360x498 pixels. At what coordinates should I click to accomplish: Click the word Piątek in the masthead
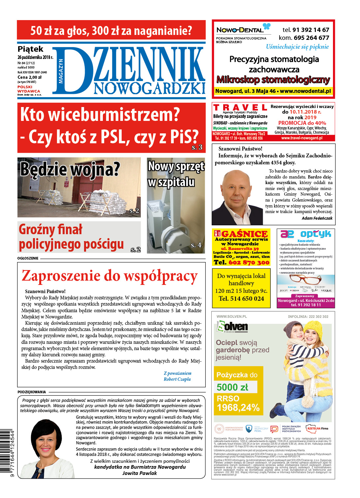[30, 49]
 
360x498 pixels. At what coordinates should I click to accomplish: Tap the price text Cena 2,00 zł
[29, 77]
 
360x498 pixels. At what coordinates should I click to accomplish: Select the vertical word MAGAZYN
[61, 71]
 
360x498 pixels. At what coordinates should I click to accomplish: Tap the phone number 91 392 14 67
[311, 30]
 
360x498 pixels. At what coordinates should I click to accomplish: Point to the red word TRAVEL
[240, 107]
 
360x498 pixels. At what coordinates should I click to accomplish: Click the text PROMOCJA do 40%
[302, 123]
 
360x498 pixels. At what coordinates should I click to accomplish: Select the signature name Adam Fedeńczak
[317, 218]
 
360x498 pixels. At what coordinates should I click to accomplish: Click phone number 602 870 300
[249, 263]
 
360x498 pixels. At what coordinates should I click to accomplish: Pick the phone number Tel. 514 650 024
[241, 298]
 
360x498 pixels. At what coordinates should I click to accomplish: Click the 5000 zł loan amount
[232, 387]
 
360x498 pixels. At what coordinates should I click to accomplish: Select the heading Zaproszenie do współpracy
[109, 276]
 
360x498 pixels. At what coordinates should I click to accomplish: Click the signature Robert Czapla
[177, 379]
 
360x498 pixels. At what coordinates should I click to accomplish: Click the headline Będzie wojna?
[70, 169]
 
